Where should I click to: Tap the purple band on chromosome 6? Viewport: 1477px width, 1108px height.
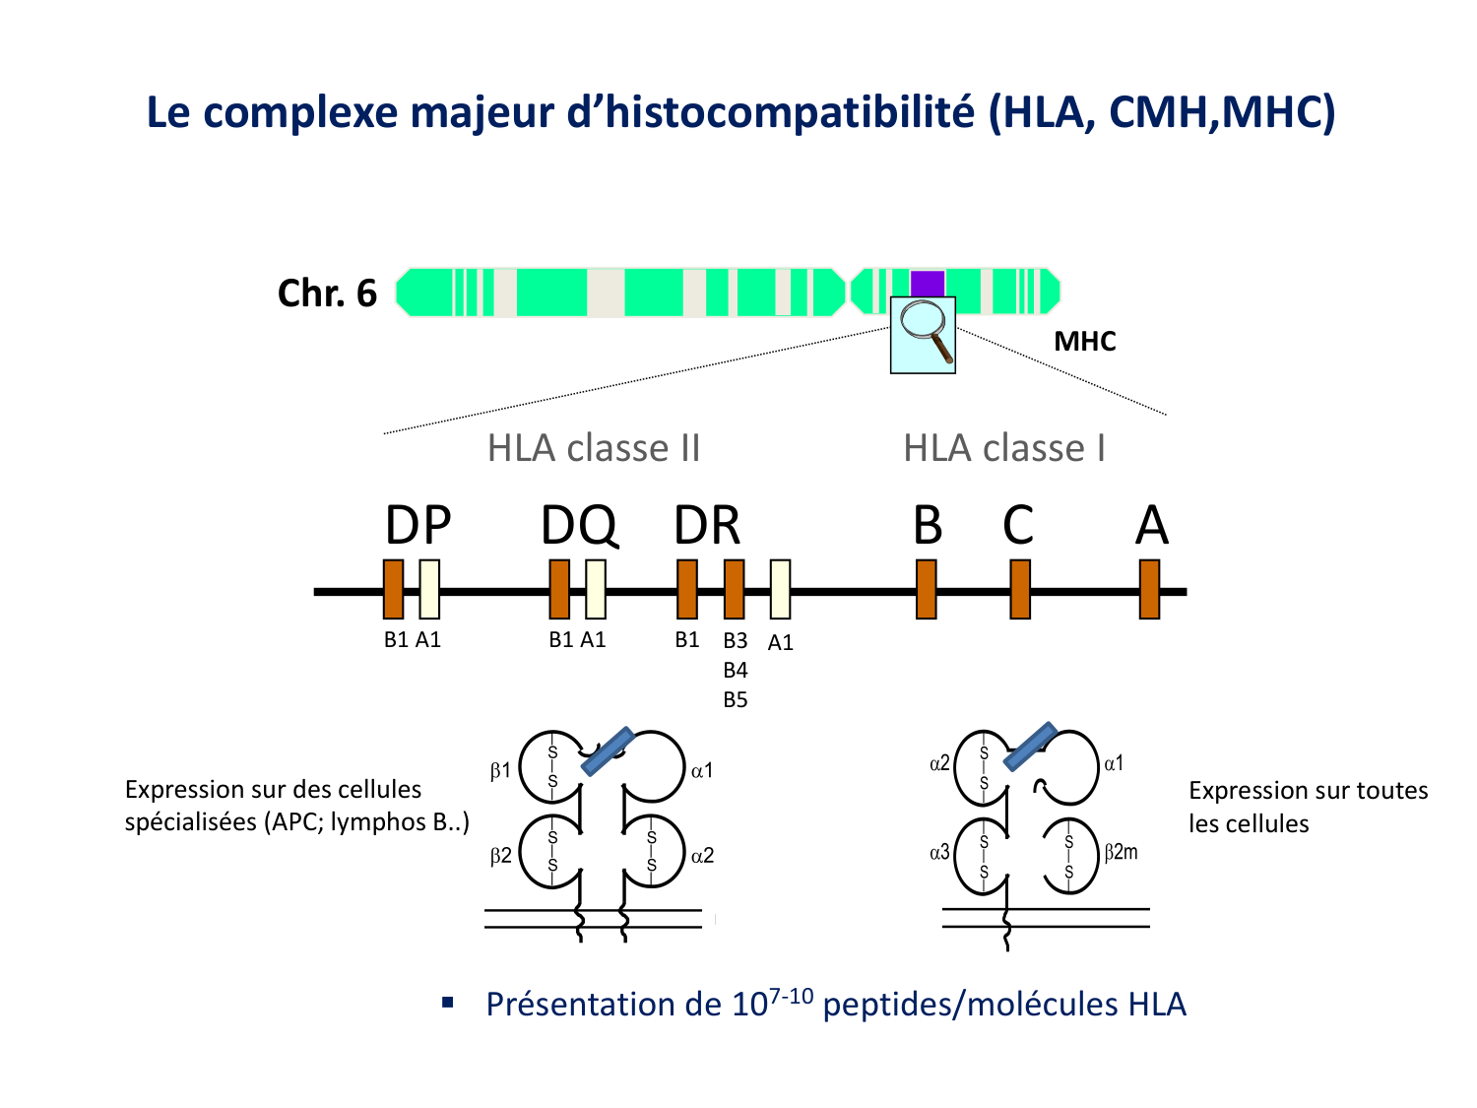[x=928, y=283]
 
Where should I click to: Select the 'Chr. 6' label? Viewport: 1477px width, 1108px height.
[x=327, y=293]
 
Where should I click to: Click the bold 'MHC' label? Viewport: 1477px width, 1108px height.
[x=1085, y=342]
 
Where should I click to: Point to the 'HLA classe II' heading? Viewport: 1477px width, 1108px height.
[x=594, y=448]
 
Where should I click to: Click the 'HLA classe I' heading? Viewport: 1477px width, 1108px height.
[x=1004, y=448]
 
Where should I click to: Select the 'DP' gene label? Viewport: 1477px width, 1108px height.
[x=417, y=525]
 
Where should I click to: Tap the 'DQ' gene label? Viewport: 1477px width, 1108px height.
[x=579, y=525]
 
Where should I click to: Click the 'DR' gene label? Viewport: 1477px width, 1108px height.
[x=707, y=525]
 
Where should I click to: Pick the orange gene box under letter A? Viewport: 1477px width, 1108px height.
[x=1149, y=589]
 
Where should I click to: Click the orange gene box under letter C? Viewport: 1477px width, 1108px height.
[x=1020, y=589]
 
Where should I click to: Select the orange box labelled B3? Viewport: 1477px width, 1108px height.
[x=734, y=589]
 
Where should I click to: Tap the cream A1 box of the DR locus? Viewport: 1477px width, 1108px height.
[x=780, y=589]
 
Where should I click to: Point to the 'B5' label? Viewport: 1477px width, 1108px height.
[x=736, y=700]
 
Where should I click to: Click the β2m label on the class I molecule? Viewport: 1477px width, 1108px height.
[x=1121, y=853]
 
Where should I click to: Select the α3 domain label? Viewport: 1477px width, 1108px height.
[x=940, y=853]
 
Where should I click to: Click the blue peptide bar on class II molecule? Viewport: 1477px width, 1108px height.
[x=607, y=751]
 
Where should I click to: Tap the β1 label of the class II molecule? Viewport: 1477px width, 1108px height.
[x=501, y=771]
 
